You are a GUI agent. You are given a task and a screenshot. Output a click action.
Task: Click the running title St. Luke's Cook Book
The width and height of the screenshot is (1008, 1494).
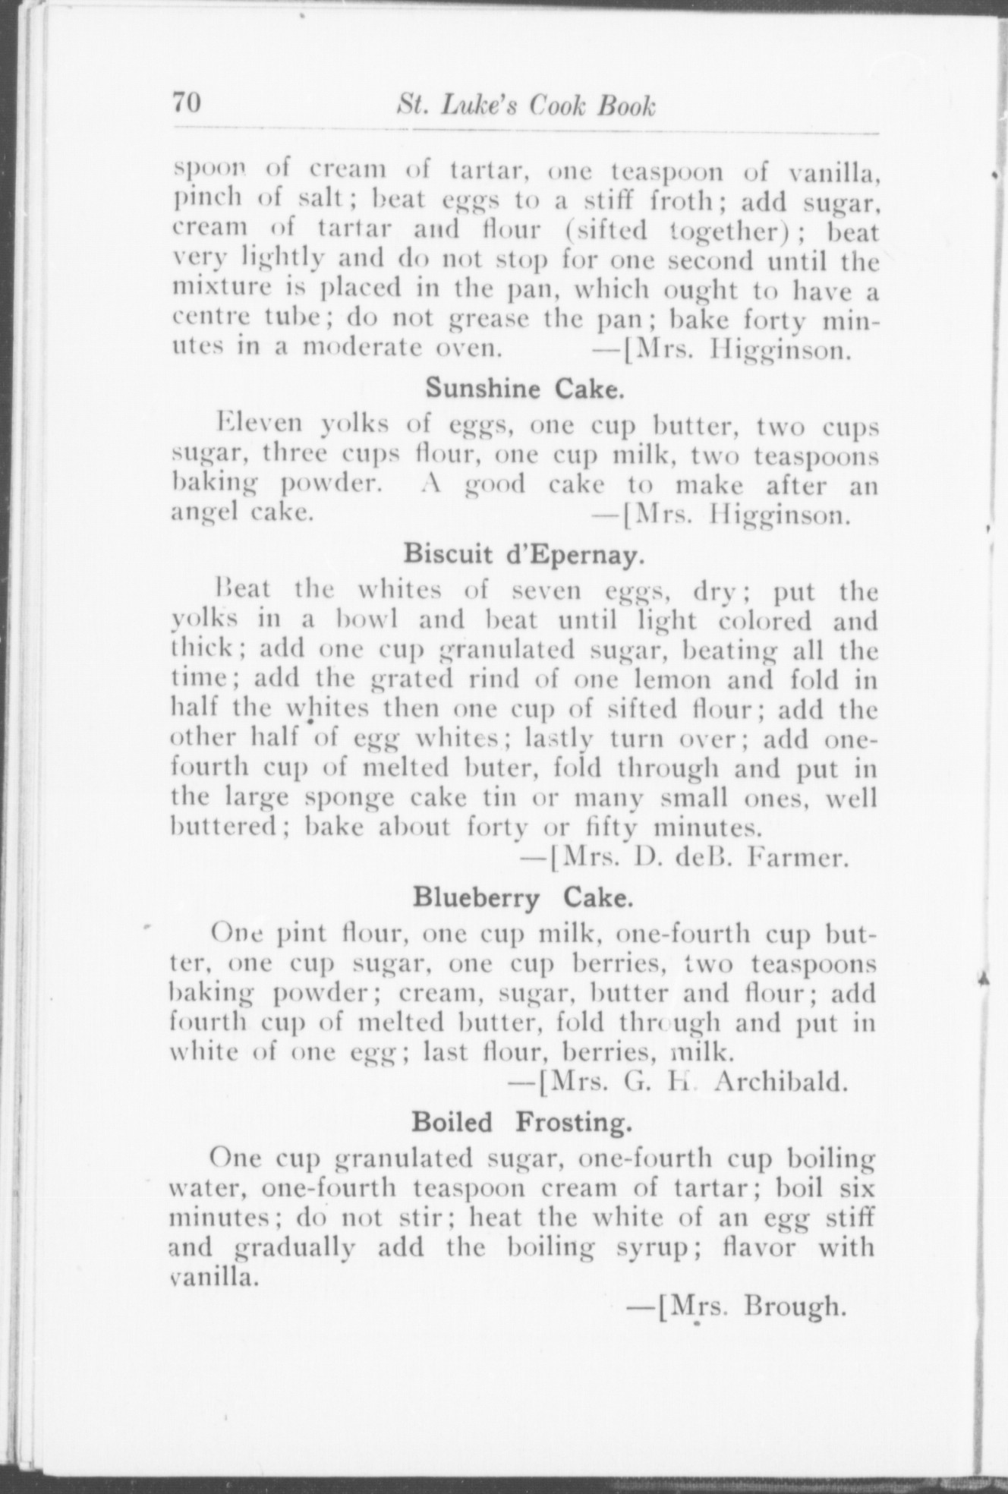[525, 106]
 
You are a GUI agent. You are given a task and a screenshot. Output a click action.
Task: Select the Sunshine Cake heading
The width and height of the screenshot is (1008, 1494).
[524, 389]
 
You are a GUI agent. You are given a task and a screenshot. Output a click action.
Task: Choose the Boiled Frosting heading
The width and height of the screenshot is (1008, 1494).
[521, 1121]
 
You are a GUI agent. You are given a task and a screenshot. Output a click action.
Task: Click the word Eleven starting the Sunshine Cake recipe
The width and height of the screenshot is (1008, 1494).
[259, 424]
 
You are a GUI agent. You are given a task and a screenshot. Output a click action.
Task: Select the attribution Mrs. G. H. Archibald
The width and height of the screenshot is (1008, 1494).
[687, 1081]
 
